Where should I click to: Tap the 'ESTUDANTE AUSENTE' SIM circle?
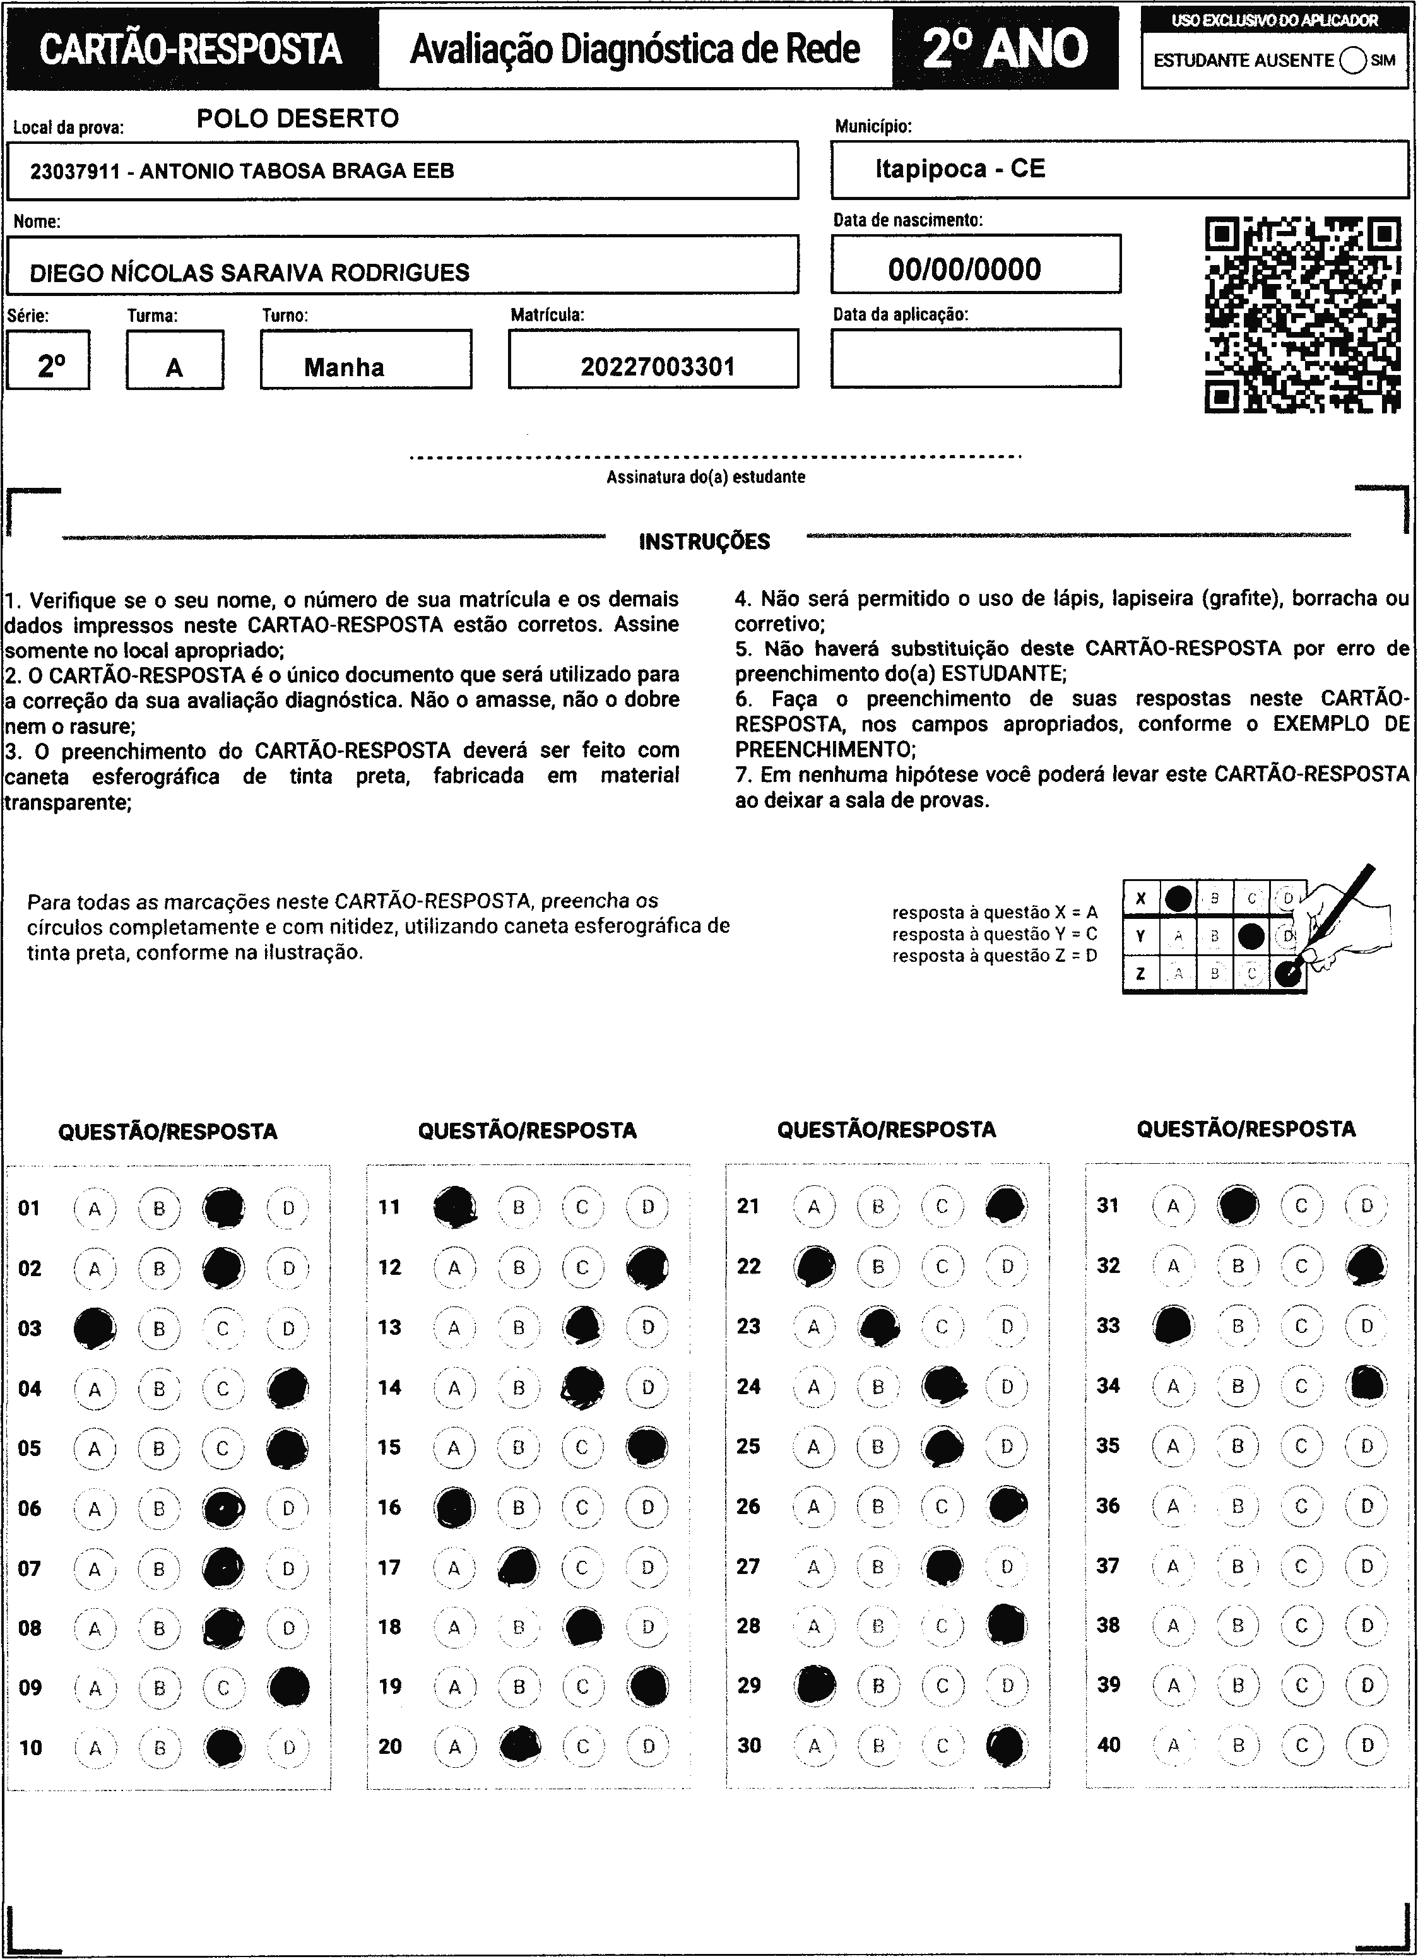click(x=1353, y=61)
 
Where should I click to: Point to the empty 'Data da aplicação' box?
click(x=976, y=358)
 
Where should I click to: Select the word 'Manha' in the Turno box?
click(x=344, y=368)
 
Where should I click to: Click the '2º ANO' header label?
click(x=1005, y=49)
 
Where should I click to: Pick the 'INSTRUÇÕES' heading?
click(x=704, y=542)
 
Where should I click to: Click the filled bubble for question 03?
click(x=95, y=1329)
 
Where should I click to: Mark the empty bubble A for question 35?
click(x=1173, y=1447)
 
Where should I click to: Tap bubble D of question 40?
click(x=1367, y=1746)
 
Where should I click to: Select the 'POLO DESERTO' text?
click(x=298, y=118)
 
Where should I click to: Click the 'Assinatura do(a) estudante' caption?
click(x=706, y=476)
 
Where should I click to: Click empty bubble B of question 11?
click(x=519, y=1207)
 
